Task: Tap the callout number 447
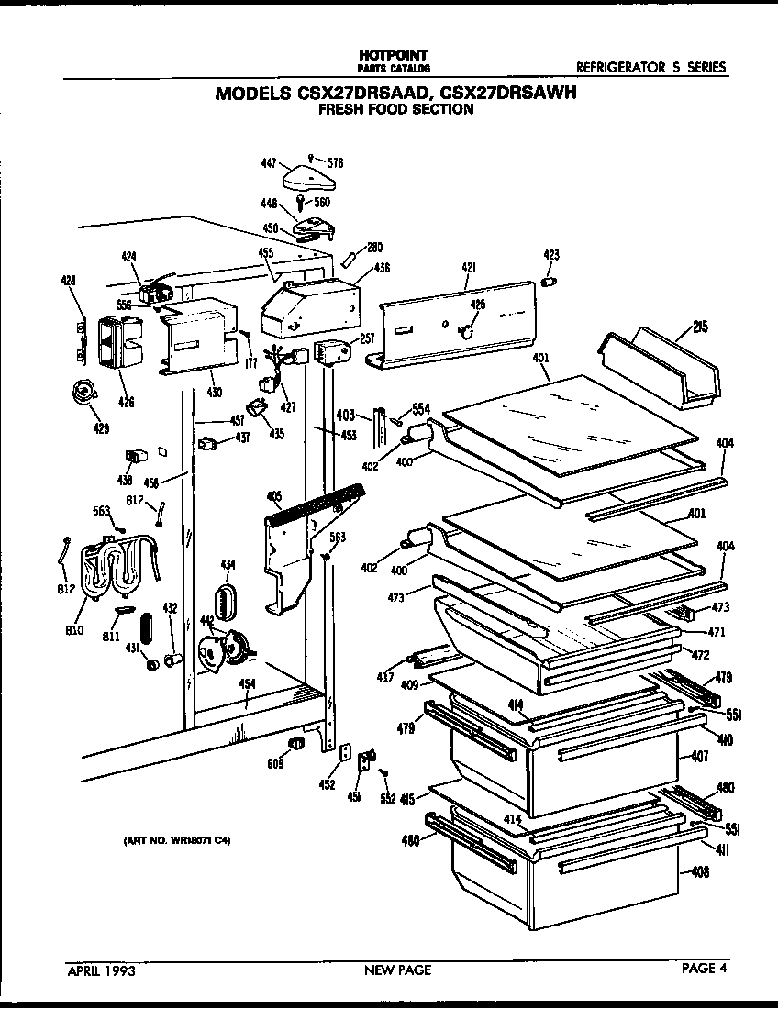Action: point(270,161)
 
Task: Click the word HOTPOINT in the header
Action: point(393,55)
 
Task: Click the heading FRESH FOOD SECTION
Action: point(395,109)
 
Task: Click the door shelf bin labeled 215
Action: point(661,371)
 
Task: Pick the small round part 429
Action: point(85,393)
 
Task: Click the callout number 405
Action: point(272,496)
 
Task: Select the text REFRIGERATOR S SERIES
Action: point(650,67)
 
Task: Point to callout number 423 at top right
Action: point(551,254)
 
